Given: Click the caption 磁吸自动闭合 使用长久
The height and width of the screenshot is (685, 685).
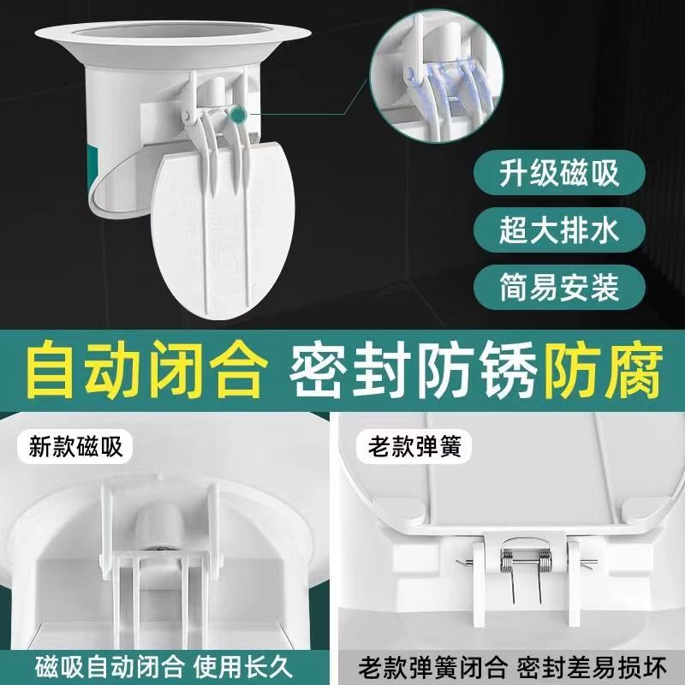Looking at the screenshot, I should point(171,664).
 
